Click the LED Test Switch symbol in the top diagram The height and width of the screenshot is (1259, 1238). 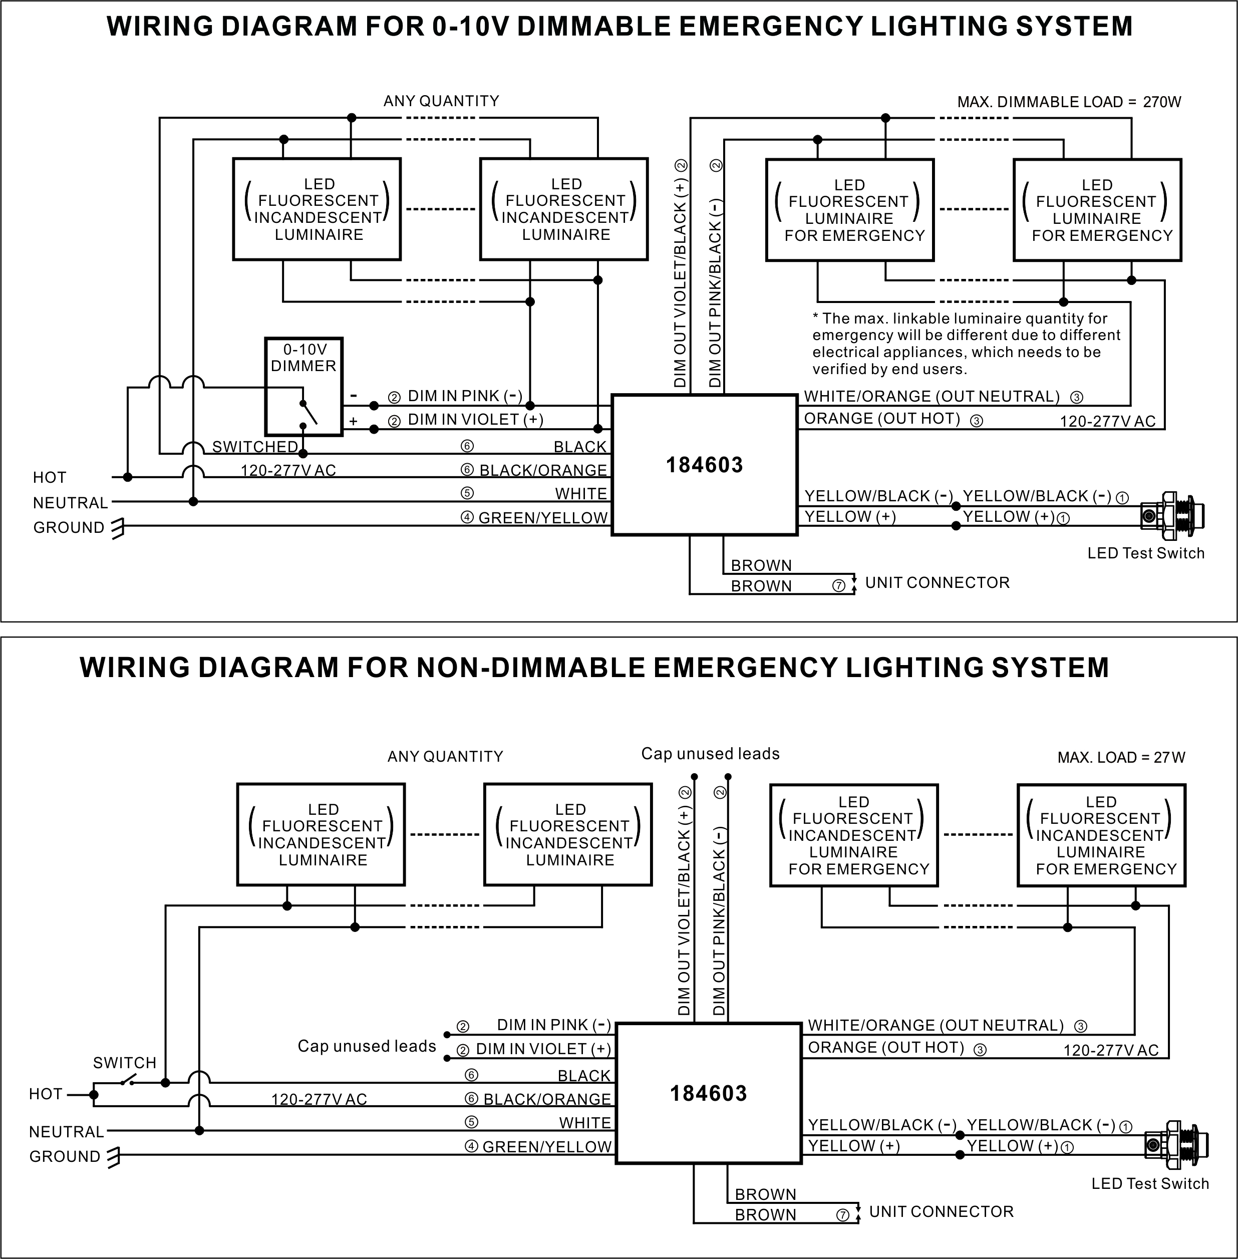pos(1172,516)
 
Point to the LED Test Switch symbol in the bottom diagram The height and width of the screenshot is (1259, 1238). pos(1176,1144)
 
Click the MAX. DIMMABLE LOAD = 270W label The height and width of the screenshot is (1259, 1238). pos(1069,102)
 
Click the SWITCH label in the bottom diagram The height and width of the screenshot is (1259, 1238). pos(125,1063)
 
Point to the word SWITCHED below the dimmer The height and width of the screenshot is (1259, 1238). pos(255,447)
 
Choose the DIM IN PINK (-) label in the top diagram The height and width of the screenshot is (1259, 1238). pos(465,396)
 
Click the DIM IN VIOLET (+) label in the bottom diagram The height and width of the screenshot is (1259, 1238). pos(543,1049)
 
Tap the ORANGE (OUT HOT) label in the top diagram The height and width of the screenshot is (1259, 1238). pos(882,418)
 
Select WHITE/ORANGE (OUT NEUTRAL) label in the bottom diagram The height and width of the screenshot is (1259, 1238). pos(936,1026)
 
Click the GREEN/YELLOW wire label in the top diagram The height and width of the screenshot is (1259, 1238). pos(543,518)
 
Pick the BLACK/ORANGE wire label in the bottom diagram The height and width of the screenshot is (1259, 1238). pos(547,1099)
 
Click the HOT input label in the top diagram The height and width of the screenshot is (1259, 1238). pos(50,477)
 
